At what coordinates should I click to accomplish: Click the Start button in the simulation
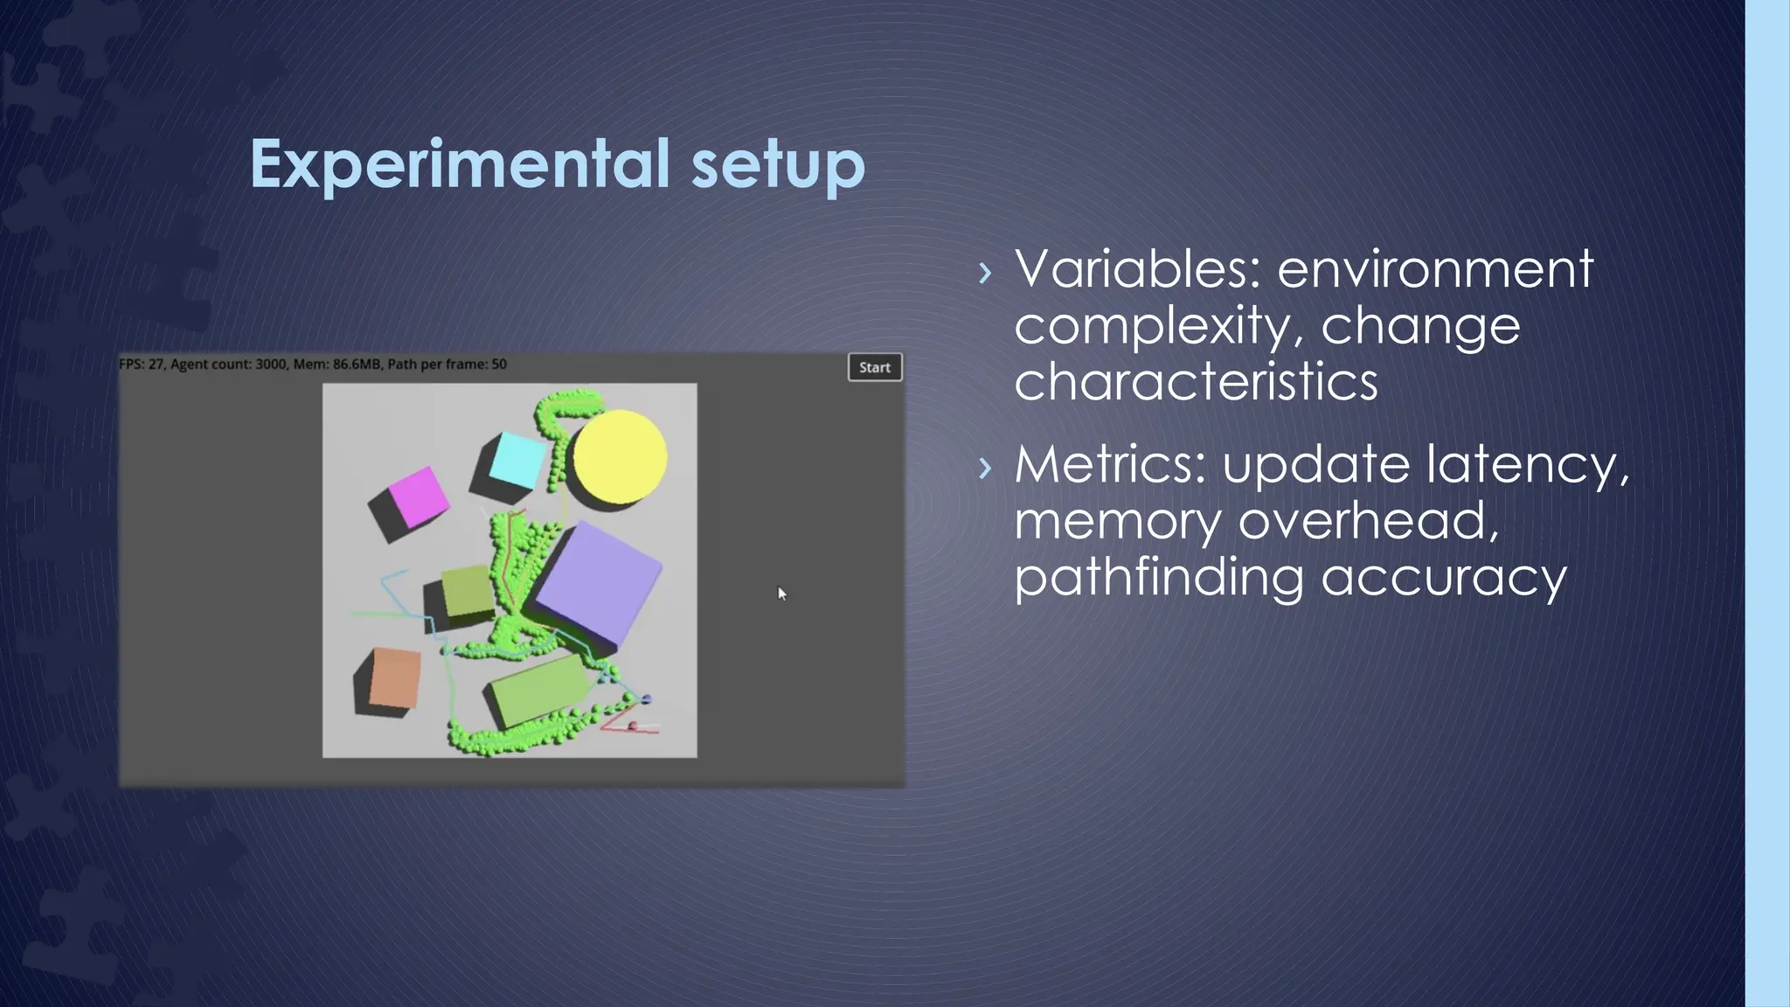[x=874, y=367]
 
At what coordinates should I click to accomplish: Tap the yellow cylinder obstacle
[x=620, y=455]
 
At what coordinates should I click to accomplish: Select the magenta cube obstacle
[x=416, y=497]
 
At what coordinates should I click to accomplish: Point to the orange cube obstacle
[x=393, y=677]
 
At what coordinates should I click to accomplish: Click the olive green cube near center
[x=468, y=593]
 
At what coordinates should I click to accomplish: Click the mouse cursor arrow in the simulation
[x=781, y=594]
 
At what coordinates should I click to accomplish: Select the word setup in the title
[x=777, y=164]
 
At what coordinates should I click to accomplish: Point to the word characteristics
[x=1195, y=382]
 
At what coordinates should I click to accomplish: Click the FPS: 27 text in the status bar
[x=141, y=364]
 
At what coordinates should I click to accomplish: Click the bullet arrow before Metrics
[x=985, y=468]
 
